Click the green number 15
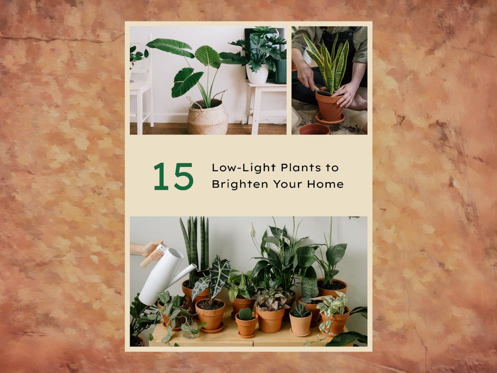(x=173, y=176)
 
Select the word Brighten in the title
(x=240, y=184)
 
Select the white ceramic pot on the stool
(x=257, y=74)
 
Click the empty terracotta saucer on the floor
(x=314, y=129)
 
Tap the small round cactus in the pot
(x=245, y=314)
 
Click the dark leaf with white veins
(x=220, y=272)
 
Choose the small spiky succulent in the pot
(x=300, y=310)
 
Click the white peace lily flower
(x=253, y=232)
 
